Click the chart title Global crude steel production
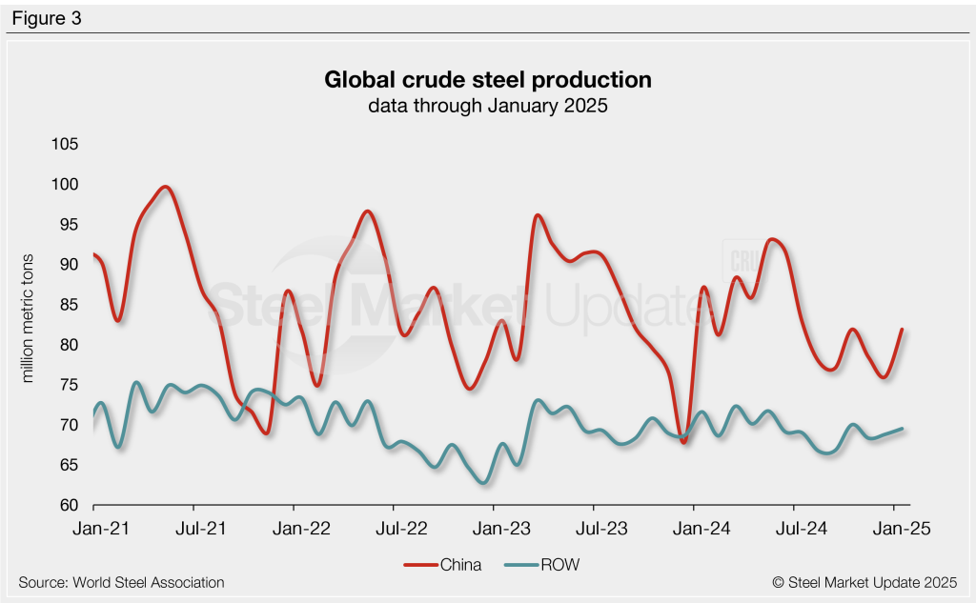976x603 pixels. coord(488,79)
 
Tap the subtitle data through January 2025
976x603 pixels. coord(488,106)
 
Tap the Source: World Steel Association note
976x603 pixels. coord(121,582)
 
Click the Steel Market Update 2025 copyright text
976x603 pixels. coord(864,582)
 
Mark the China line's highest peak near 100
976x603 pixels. coord(167,187)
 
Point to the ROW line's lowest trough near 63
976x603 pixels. coord(484,482)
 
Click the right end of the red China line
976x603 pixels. coord(901,330)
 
